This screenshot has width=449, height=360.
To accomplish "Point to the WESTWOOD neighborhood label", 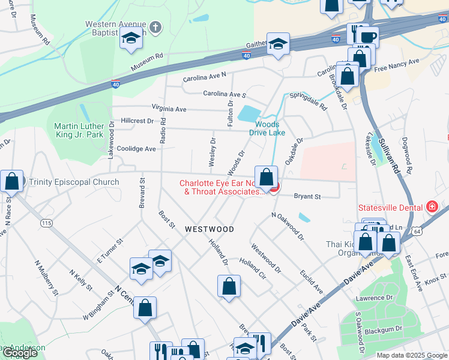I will [x=209, y=229].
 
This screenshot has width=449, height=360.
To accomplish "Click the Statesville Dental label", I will [x=391, y=207].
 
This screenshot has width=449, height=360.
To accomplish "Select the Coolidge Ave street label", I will [x=137, y=149].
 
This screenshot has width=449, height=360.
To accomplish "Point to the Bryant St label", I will [x=307, y=196].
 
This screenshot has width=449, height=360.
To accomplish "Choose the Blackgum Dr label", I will [x=382, y=329].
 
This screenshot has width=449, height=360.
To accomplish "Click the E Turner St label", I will [x=110, y=250].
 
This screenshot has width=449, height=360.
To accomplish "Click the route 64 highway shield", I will [x=417, y=230].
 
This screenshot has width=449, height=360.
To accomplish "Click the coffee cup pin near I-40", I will [x=368, y=37].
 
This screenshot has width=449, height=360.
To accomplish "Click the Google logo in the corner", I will [x=20, y=353].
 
